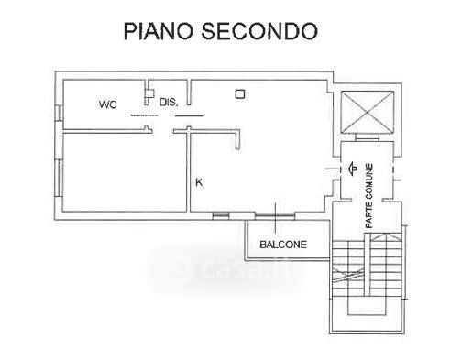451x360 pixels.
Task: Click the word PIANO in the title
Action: [x=159, y=31]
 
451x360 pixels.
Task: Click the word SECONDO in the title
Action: [x=259, y=31]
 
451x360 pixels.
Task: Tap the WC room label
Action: [x=107, y=104]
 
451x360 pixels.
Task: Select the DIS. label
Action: [x=169, y=103]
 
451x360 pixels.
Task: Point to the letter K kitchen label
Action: [x=199, y=182]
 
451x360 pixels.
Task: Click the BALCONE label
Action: [x=283, y=245]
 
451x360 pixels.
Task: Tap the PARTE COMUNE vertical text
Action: [x=369, y=196]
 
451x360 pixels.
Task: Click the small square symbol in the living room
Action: [x=240, y=94]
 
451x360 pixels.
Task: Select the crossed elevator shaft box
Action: [x=367, y=113]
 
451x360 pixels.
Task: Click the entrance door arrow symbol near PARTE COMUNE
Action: [x=352, y=169]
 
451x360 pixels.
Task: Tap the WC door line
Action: [x=144, y=115]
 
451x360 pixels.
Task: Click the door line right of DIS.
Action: [x=189, y=115]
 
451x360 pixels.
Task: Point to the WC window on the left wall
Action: [x=59, y=113]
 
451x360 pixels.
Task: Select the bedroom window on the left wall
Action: [x=59, y=178]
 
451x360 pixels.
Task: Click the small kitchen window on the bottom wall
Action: [x=221, y=216]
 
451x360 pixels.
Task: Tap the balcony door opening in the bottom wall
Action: [x=275, y=216]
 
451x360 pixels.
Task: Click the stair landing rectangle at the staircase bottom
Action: [x=367, y=305]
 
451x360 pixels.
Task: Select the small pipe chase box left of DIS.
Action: [x=149, y=93]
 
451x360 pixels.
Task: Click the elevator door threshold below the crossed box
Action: [x=368, y=137]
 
